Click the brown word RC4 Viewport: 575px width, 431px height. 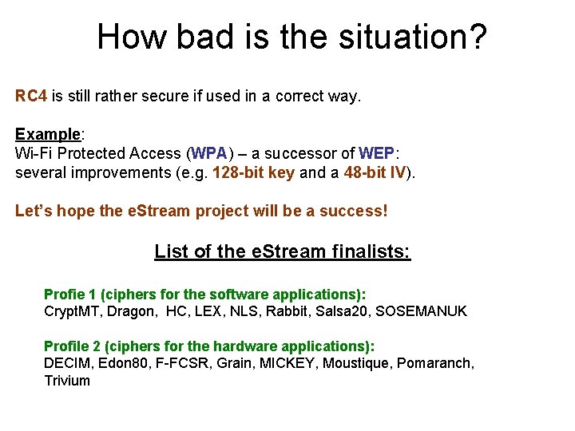31,97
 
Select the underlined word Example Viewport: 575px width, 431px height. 47,134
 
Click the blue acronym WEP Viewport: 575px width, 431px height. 376,153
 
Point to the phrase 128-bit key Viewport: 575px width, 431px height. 254,172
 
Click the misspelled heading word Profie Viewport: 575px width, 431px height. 62,295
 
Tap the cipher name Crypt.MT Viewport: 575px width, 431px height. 71,311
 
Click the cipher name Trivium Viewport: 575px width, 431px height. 67,381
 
